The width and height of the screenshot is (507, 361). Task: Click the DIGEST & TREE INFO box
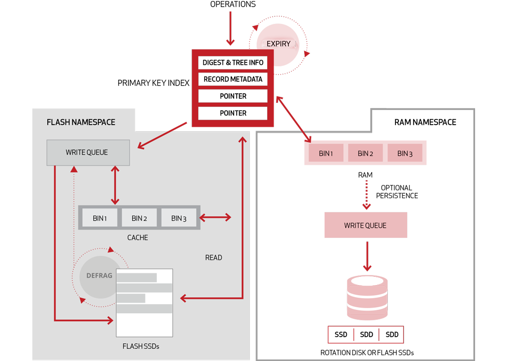tap(233, 62)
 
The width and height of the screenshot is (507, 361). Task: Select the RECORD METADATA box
tap(233, 79)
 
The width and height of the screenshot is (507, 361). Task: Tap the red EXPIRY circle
tap(278, 44)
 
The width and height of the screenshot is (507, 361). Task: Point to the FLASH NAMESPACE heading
tap(81, 122)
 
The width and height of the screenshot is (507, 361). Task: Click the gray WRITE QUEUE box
tap(87, 152)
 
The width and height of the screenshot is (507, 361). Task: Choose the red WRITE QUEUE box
tap(365, 225)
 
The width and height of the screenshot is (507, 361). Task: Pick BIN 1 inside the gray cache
tap(100, 218)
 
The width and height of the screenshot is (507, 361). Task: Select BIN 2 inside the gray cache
tap(139, 218)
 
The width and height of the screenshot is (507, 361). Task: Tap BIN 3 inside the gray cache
tap(179, 218)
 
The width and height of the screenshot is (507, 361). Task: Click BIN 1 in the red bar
tap(326, 154)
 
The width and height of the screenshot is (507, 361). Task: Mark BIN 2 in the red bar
tap(366, 154)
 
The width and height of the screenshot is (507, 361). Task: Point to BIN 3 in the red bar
tap(405, 154)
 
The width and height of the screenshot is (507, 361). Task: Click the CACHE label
tap(137, 237)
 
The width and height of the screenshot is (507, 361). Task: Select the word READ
tap(213, 258)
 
